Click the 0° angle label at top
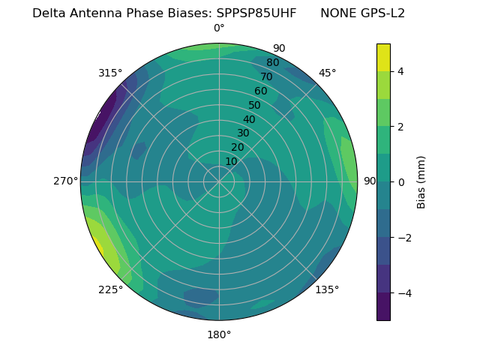pyautogui.click(x=219, y=28)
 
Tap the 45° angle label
pyautogui.click(x=327, y=73)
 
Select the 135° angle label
pyautogui.click(x=327, y=289)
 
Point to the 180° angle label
pyautogui.click(x=219, y=334)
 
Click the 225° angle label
pyautogui.click(x=110, y=290)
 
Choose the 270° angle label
pyautogui.click(x=66, y=181)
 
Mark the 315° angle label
pyautogui.click(x=110, y=73)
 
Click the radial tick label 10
pyautogui.click(x=231, y=161)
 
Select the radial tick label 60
pyautogui.click(x=260, y=91)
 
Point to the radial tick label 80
pyautogui.click(x=272, y=63)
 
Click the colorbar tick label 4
pyautogui.click(x=400, y=71)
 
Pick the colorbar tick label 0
pyautogui.click(x=400, y=182)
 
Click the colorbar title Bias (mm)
pyautogui.click(x=421, y=182)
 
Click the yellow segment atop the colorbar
pyautogui.click(x=383, y=57)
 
